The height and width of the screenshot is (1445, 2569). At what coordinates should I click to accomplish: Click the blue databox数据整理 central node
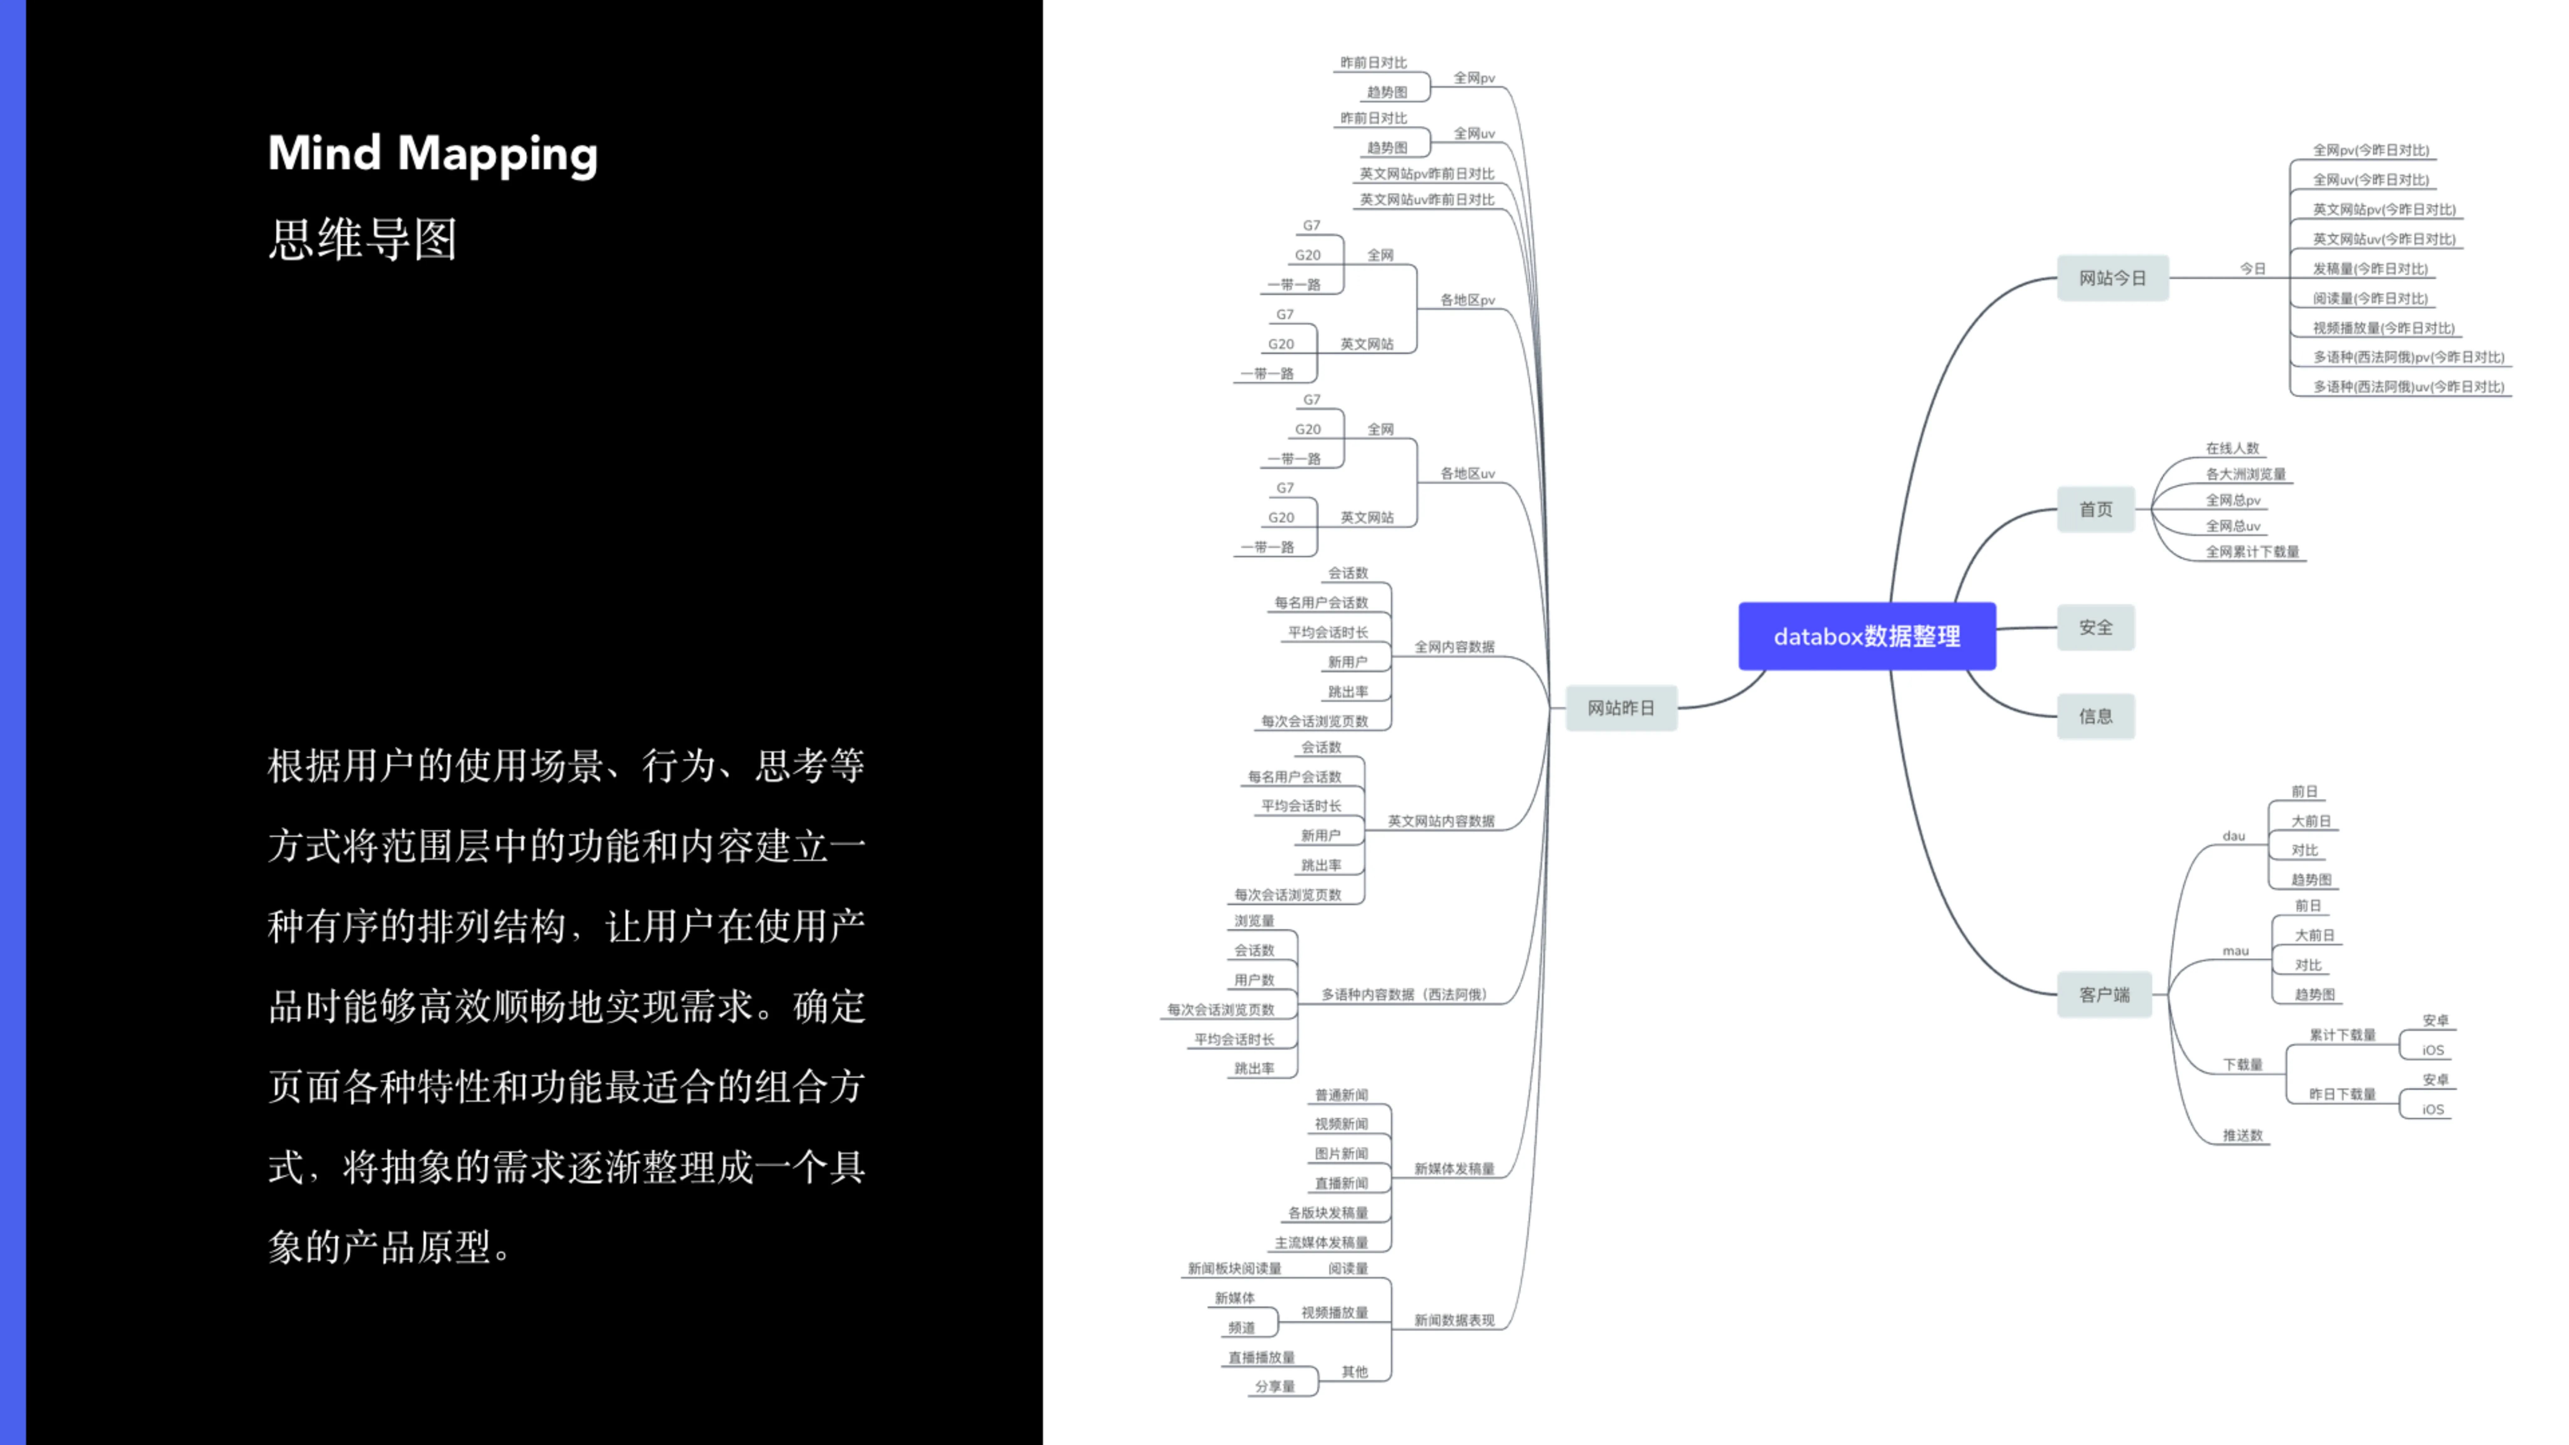[1867, 636]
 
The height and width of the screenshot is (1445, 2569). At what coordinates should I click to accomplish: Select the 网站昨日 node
[1621, 708]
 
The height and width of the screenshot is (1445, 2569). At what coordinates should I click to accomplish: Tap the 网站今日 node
[2112, 278]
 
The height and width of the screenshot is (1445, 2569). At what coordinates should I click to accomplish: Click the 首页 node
[2095, 510]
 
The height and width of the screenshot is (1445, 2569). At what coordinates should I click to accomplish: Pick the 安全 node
[2095, 627]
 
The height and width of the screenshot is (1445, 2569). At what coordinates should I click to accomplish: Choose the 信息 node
[2095, 716]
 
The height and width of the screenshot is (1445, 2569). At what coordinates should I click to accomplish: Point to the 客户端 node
[2104, 994]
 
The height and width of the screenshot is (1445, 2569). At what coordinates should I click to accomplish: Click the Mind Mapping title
[433, 155]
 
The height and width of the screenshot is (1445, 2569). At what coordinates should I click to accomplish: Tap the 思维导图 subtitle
[363, 239]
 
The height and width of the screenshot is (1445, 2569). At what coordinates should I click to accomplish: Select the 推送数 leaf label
[2243, 1135]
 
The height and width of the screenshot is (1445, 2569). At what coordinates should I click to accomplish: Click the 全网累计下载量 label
[2252, 552]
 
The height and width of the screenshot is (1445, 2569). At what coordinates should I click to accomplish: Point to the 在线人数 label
[2232, 449]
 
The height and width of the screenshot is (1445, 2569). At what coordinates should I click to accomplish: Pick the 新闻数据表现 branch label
[1454, 1320]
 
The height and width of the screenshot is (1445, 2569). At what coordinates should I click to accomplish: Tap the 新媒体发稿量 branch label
[1454, 1169]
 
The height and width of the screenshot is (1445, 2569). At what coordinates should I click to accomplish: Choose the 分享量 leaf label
[1274, 1386]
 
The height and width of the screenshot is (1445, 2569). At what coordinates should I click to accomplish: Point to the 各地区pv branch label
[1467, 300]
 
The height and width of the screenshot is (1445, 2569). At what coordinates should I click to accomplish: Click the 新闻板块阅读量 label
[1234, 1268]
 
